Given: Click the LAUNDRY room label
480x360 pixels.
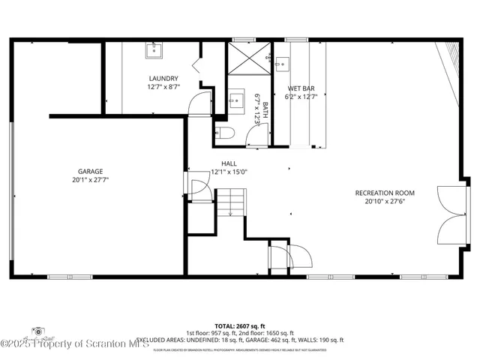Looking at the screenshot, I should [x=163, y=78].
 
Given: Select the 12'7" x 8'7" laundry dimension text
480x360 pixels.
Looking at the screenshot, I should [x=163, y=87].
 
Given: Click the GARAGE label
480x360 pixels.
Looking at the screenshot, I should [x=90, y=171].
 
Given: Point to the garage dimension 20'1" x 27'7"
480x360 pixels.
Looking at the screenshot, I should [x=90, y=180].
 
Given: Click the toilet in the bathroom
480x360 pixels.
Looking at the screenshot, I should [x=225, y=133].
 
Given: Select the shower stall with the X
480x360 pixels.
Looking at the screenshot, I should [x=247, y=57].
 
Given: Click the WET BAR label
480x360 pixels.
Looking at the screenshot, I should [x=300, y=88].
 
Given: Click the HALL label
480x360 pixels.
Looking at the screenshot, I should [x=229, y=163].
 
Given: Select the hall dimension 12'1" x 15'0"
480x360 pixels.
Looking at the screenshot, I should [x=229, y=172].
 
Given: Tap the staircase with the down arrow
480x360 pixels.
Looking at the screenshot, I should [x=231, y=203].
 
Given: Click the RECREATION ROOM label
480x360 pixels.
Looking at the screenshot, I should [x=385, y=193].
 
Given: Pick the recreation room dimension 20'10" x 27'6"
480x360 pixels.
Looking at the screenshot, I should [x=385, y=202].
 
